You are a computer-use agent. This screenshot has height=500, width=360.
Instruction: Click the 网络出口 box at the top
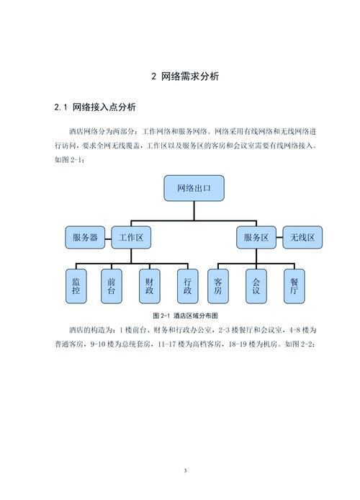pyautogui.click(x=194, y=189)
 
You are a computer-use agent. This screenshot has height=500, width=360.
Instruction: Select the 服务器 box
pyautogui.click(x=85, y=236)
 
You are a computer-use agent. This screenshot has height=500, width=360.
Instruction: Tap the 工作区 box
pyautogui.click(x=131, y=236)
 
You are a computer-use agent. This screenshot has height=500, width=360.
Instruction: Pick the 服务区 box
pyautogui.click(x=256, y=236)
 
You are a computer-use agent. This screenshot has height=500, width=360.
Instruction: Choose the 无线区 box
pyautogui.click(x=302, y=236)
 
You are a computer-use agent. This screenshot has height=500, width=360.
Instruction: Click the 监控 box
pyautogui.click(x=76, y=287)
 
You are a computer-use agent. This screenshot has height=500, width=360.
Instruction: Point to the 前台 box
pyautogui.click(x=112, y=287)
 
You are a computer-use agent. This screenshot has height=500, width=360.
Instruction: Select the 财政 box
pyautogui.click(x=149, y=287)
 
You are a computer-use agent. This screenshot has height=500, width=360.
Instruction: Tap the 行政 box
pyautogui.click(x=186, y=287)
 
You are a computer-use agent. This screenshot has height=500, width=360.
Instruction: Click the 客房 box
pyautogui.click(x=218, y=287)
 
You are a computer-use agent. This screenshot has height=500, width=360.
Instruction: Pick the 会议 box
pyautogui.click(x=256, y=287)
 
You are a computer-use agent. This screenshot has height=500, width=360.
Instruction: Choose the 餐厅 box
pyautogui.click(x=293, y=287)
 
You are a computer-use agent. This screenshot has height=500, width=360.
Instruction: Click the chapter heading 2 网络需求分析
pyautogui.click(x=185, y=76)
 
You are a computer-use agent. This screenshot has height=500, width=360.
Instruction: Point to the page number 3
pyautogui.click(x=185, y=471)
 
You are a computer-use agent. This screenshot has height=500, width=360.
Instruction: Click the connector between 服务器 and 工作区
pyautogui.click(x=108, y=236)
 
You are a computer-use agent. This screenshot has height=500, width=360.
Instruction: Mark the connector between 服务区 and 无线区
pyautogui.click(x=279, y=236)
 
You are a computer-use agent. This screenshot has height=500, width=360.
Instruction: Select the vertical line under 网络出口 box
pyautogui.click(x=194, y=207)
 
